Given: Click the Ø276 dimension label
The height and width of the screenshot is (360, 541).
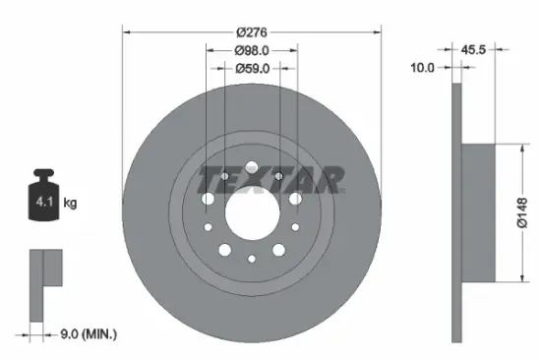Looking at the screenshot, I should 253,31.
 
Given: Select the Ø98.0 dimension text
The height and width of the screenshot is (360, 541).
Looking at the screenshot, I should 253,50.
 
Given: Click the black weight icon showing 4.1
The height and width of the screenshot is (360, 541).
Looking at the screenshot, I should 44,202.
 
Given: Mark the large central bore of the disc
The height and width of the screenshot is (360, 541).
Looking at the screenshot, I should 252,211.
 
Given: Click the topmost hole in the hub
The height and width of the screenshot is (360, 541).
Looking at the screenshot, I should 252,165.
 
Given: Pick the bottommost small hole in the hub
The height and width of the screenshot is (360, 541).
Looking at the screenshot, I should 252,259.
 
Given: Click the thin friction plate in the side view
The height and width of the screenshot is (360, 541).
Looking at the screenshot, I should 455,211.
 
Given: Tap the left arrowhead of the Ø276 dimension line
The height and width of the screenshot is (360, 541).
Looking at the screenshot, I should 127,31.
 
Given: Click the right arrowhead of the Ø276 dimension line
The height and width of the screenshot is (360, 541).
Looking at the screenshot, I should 378,31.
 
